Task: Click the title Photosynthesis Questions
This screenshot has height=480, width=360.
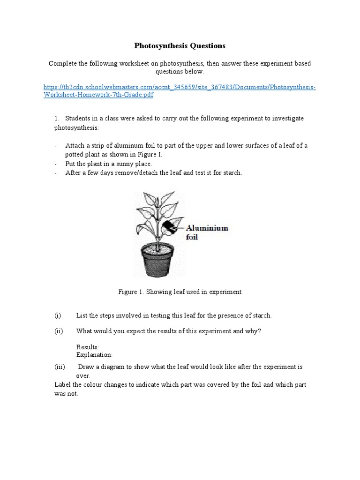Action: pos(180,45)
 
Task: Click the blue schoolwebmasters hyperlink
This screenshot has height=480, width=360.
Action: pos(180,91)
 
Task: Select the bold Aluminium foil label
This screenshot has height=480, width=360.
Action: pos(207,232)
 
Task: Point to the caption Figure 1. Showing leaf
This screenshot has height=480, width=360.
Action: pos(180,292)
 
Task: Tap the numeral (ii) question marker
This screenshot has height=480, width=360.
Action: pos(59,331)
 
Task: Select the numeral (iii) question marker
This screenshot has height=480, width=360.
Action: pos(60,367)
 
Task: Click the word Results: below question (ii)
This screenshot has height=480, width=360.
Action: pos(88,347)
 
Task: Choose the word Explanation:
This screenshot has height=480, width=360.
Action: pos(94,355)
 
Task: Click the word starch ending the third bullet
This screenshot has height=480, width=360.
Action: pos(232,172)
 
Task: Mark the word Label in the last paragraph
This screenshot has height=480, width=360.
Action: pos(62,384)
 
